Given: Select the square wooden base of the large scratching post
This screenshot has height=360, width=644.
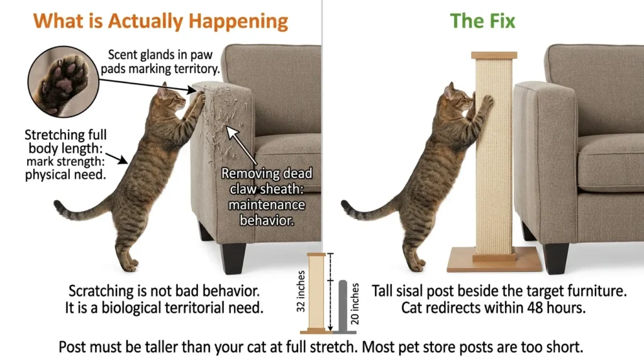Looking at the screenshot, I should click(494, 259).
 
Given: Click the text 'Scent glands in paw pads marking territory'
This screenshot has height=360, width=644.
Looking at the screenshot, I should click(160, 62).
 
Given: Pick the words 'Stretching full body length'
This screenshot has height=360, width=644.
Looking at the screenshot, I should click(65, 142).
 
